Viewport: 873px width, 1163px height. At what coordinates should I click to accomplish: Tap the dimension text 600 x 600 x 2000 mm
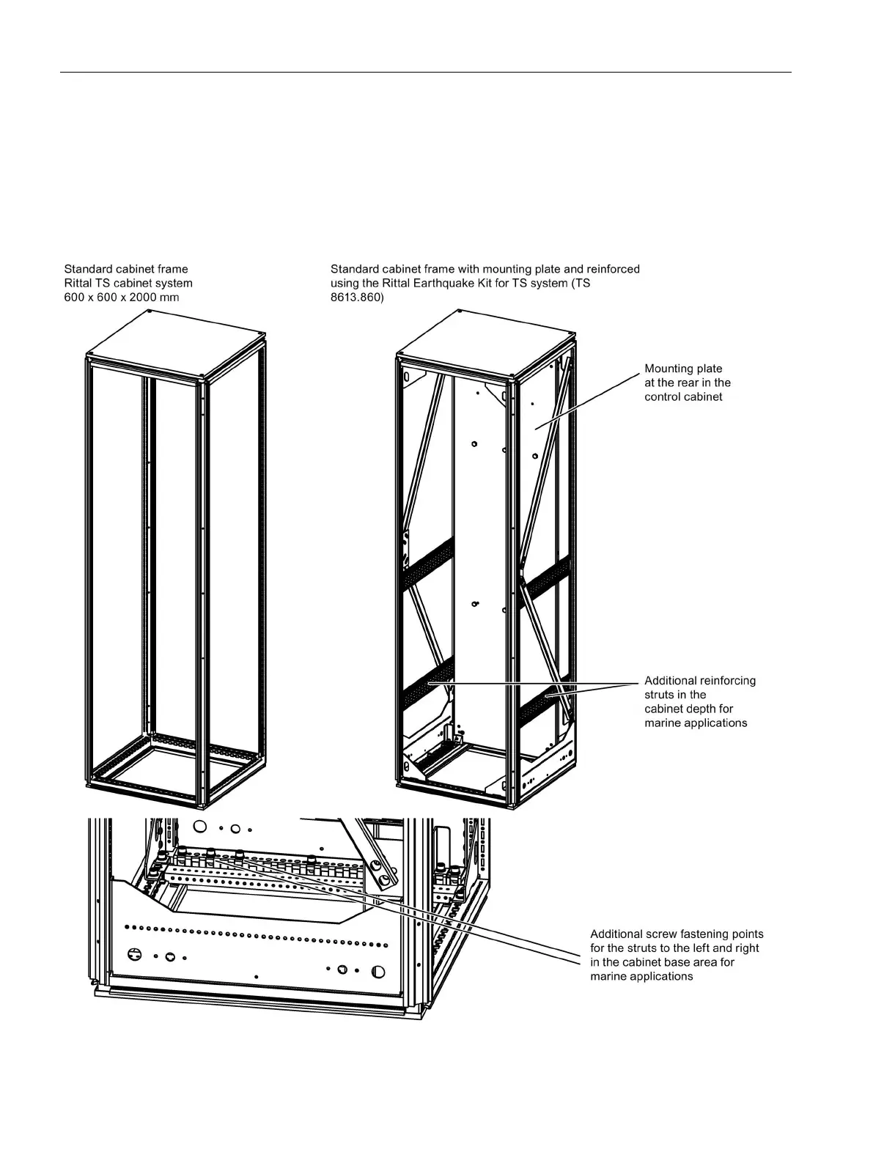(x=122, y=297)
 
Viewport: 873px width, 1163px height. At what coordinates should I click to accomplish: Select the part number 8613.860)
(x=358, y=297)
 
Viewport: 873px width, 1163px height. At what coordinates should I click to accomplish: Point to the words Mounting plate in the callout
(x=683, y=369)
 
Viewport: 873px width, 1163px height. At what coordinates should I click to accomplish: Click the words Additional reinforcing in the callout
(x=700, y=681)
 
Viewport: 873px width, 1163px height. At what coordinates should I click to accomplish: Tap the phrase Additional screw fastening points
(x=677, y=934)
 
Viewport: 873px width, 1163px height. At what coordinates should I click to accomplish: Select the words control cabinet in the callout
(x=683, y=396)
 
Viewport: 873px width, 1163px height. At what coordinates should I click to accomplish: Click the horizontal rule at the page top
(x=425, y=73)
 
